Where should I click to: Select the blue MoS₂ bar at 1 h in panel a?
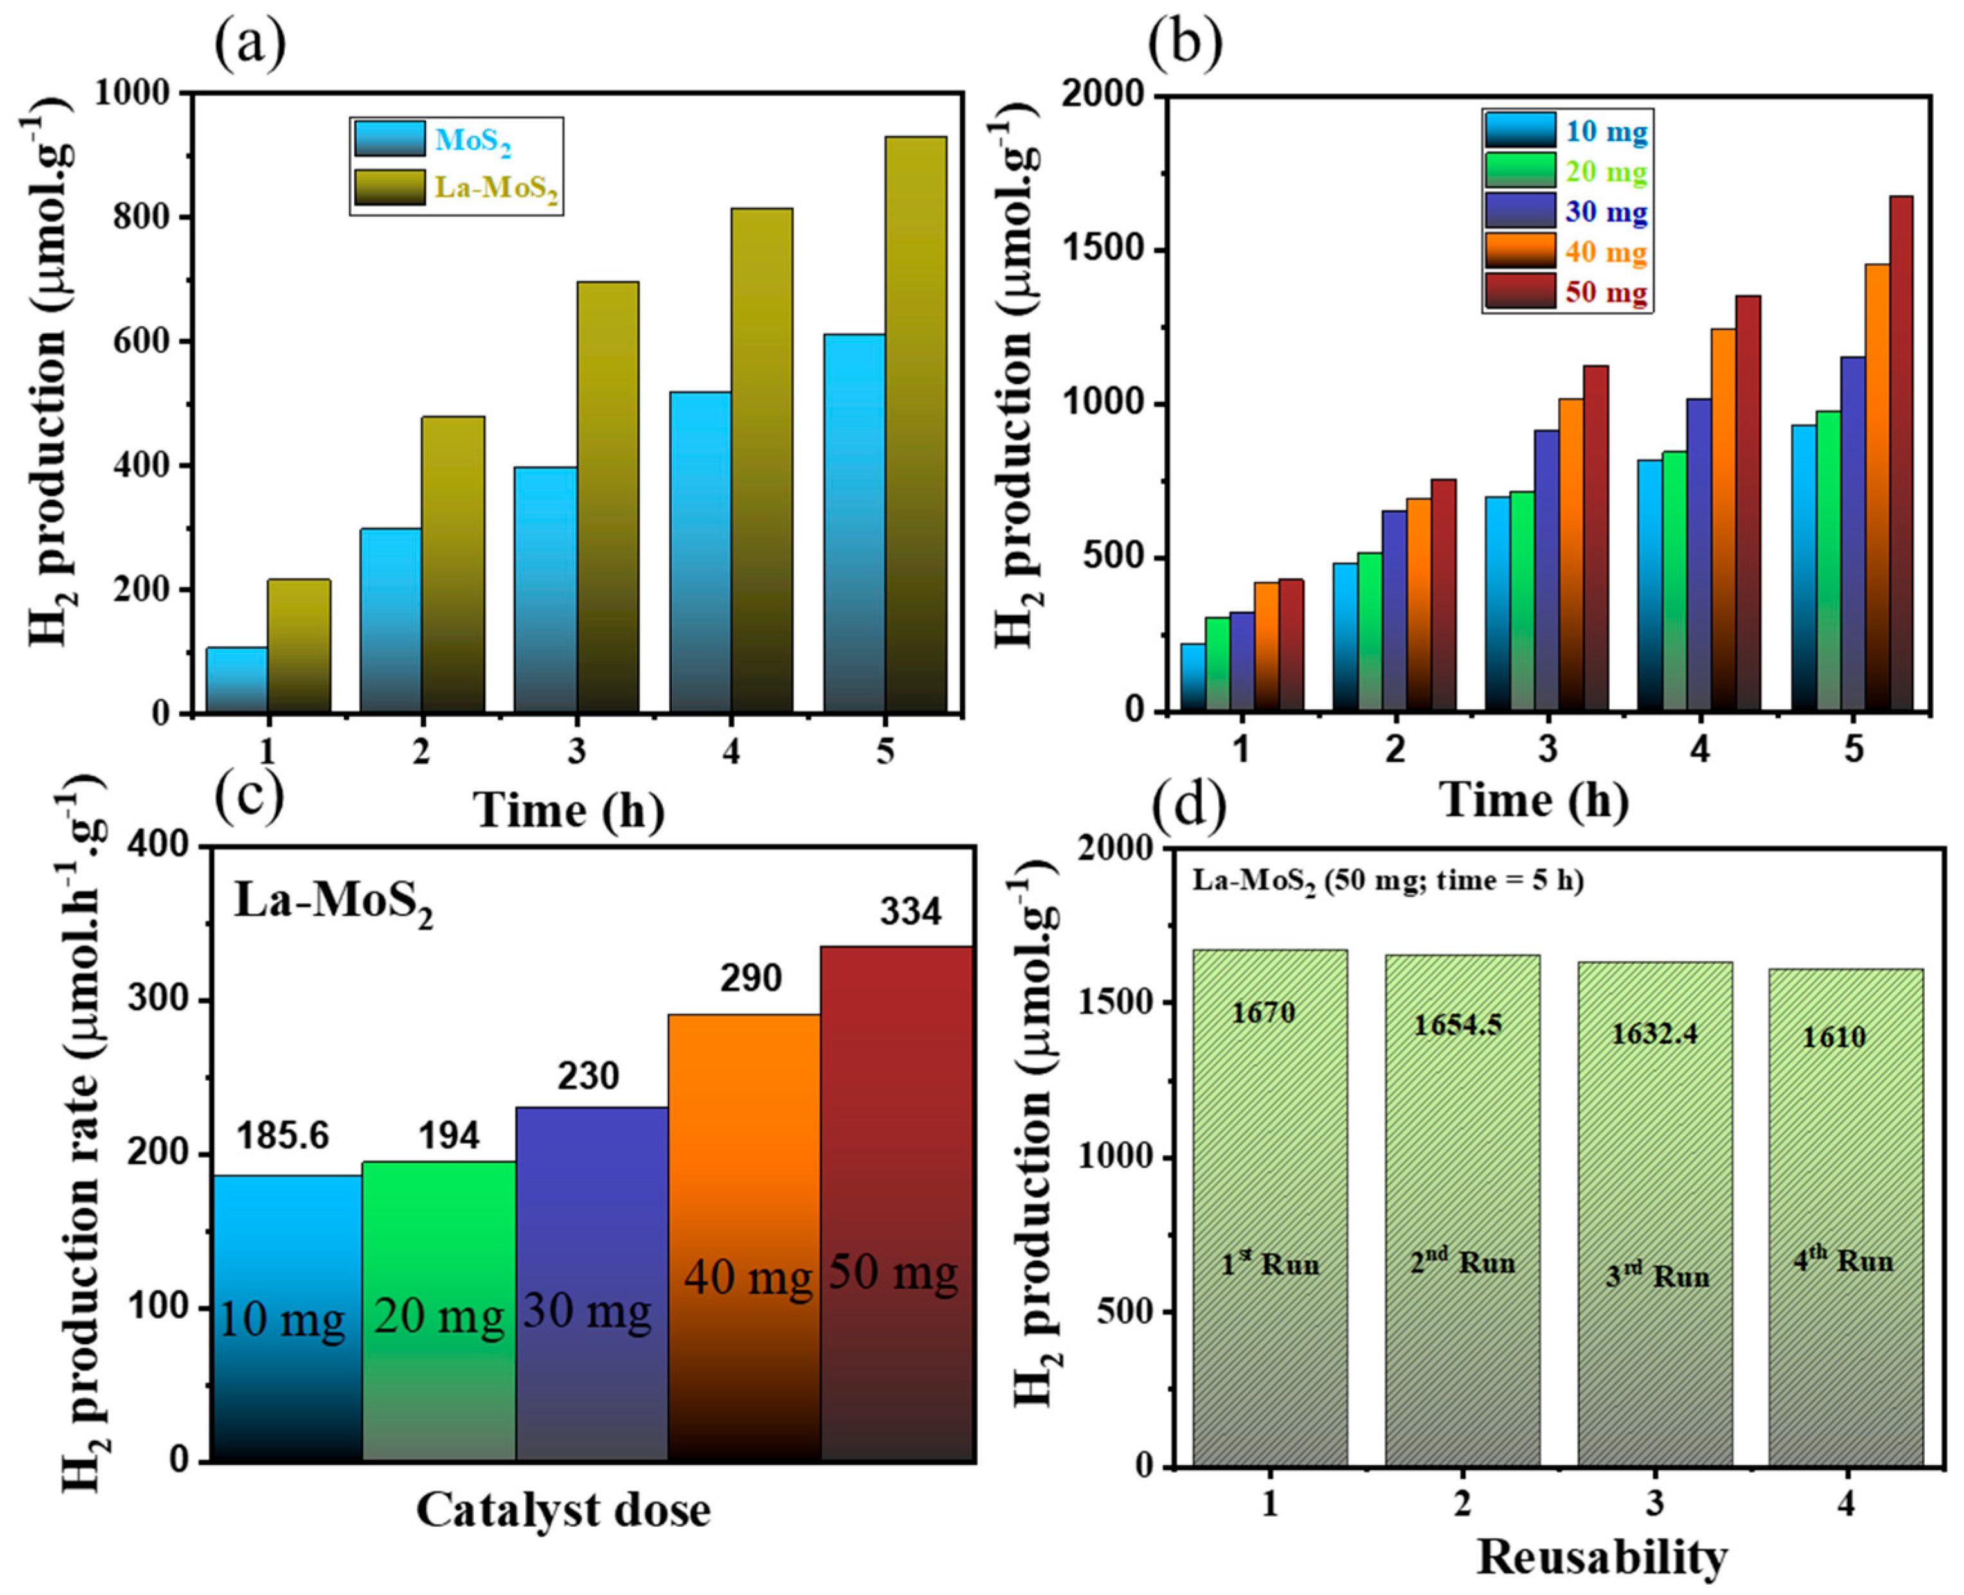[236, 680]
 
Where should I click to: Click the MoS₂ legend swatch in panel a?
[390, 139]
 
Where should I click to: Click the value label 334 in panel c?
[911, 913]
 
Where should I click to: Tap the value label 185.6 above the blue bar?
[282, 1137]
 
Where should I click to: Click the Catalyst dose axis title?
[563, 1510]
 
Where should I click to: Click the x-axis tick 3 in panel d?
[1654, 1504]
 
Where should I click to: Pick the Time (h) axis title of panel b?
[1534, 799]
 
